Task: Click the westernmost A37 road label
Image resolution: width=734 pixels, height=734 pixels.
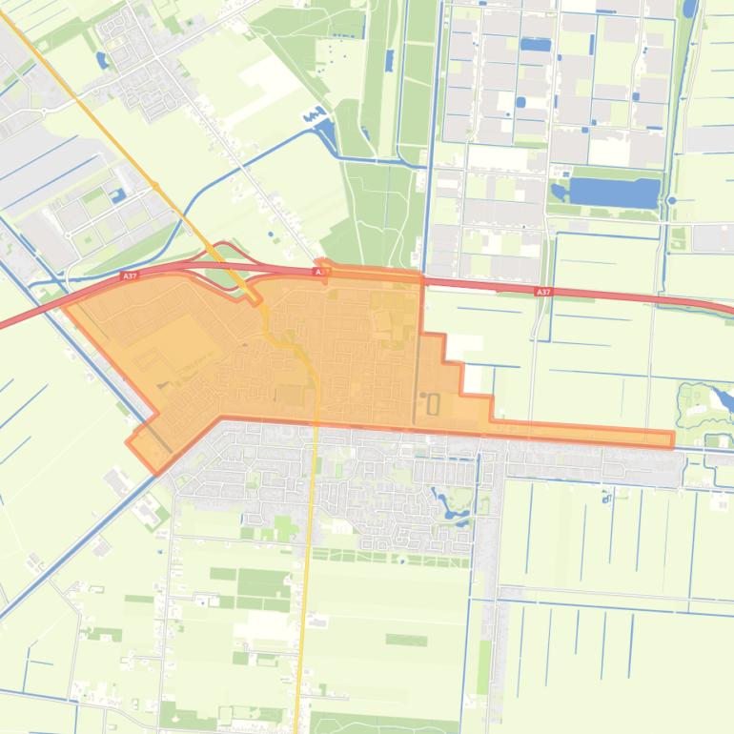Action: click(x=129, y=276)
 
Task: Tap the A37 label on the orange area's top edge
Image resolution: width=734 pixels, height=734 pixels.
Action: click(x=323, y=272)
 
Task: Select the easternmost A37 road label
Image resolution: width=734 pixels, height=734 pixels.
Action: click(x=543, y=292)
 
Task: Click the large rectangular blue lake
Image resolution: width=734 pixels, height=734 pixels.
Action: click(x=614, y=193)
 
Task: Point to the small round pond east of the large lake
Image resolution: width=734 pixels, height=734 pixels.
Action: click(x=672, y=200)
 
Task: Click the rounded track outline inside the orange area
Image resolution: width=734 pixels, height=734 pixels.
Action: click(x=434, y=404)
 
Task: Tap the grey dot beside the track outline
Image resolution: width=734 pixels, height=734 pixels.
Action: click(x=423, y=395)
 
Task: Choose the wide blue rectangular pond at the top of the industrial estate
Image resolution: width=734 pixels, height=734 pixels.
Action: click(x=536, y=45)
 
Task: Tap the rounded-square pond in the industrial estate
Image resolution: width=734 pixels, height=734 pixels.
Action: click(x=520, y=101)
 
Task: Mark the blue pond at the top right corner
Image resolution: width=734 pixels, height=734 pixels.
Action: click(x=688, y=10)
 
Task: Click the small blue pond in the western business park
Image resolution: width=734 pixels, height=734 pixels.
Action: click(x=118, y=195)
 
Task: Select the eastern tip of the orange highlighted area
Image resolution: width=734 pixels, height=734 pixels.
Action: click(x=673, y=439)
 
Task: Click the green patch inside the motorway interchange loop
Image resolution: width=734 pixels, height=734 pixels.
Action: click(x=220, y=276)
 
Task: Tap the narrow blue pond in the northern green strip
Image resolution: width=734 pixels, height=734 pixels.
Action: click(x=388, y=61)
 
